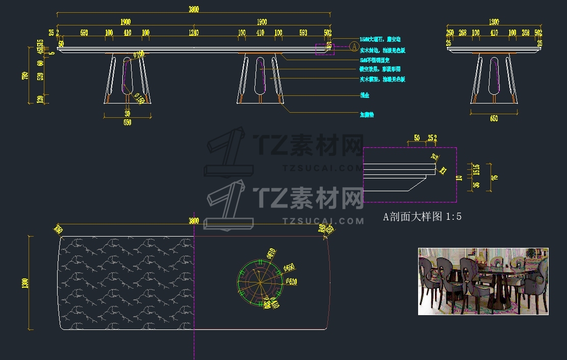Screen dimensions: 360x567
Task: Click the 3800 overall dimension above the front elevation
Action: click(194, 10)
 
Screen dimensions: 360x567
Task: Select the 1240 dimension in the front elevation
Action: click(193, 33)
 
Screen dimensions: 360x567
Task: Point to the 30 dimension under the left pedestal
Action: click(127, 113)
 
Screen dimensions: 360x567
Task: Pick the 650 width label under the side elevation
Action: click(494, 119)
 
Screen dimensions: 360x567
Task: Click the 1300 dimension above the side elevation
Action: click(494, 22)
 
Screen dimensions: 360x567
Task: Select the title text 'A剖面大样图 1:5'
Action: click(422, 217)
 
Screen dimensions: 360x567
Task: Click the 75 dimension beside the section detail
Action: click(494, 177)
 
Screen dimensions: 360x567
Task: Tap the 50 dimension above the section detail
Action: click(417, 138)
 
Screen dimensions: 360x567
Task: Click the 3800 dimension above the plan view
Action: click(194, 221)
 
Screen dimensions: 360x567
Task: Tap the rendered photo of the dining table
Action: click(483, 281)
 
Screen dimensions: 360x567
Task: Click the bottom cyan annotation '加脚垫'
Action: click(367, 115)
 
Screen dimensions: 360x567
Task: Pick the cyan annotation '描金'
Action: click(365, 95)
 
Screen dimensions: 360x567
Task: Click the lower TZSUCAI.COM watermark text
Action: click(323, 221)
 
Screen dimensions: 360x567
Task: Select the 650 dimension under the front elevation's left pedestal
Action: click(127, 122)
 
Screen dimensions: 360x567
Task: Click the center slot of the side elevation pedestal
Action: click(494, 75)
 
